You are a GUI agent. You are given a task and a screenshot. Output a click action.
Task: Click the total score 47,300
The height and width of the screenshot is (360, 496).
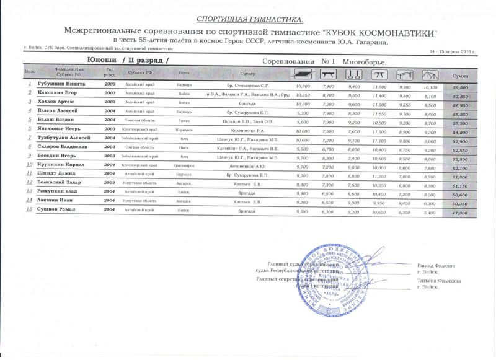pos(459,213)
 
